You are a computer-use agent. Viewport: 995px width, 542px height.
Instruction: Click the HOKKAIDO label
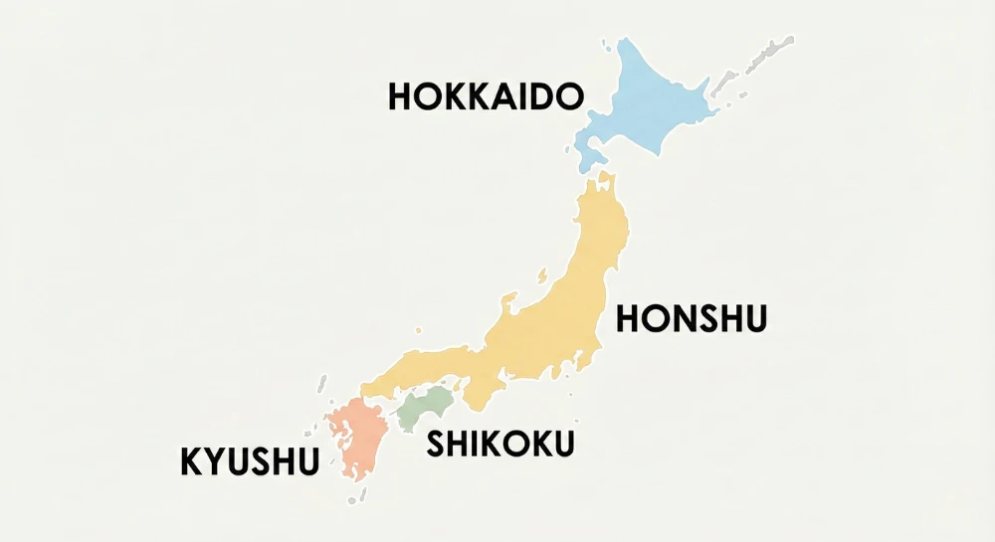coord(485,96)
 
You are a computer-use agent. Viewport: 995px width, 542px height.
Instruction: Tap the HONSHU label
coord(693,319)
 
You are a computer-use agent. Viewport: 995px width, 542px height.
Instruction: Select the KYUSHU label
coord(250,461)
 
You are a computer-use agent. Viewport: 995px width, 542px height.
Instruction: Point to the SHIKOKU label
coord(500,445)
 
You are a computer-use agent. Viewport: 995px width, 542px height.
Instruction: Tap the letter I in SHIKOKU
coord(479,445)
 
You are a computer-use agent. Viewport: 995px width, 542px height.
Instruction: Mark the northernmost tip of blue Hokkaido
coord(624,41)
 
